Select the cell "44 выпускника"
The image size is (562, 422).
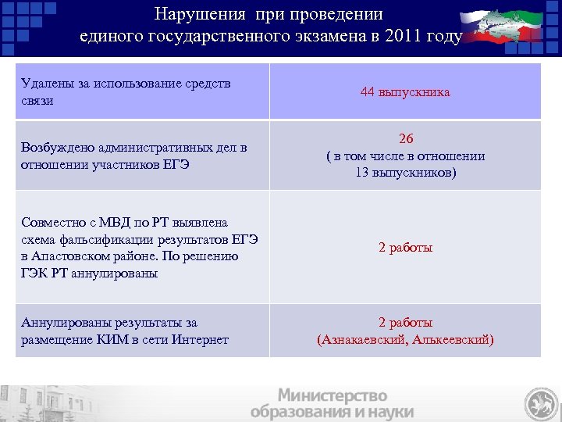tap(405, 92)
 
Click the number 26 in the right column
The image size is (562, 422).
tap(405, 138)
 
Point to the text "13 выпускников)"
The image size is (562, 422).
tap(405, 172)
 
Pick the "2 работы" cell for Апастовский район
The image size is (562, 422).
tap(405, 248)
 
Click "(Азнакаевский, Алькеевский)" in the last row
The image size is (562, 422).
tap(405, 340)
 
